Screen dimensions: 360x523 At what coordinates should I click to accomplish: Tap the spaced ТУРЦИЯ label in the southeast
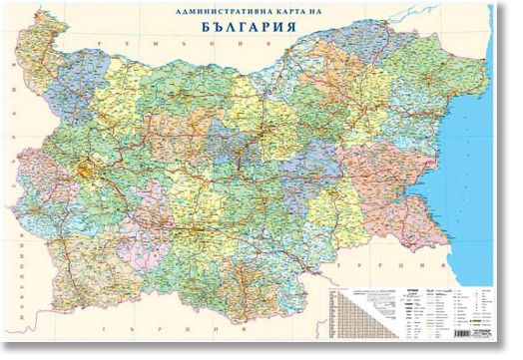pos(370,270)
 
